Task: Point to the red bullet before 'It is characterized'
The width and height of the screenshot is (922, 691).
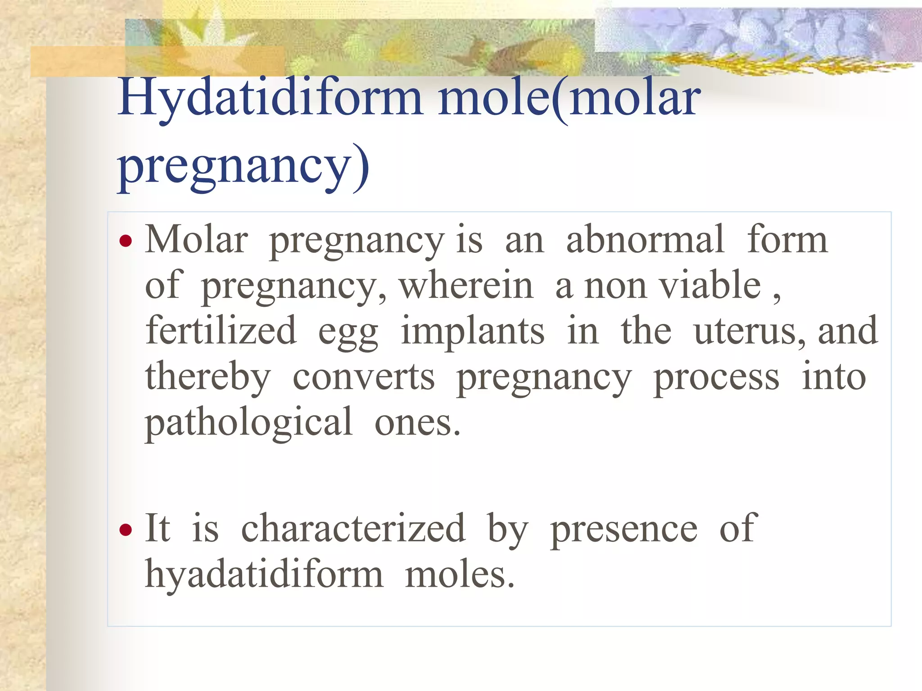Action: coord(126,529)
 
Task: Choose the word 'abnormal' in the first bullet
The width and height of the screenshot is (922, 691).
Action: coord(645,240)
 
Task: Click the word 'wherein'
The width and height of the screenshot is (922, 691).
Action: coord(466,285)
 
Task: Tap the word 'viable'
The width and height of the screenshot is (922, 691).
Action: coord(710,285)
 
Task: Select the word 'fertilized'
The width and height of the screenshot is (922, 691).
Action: coord(221,331)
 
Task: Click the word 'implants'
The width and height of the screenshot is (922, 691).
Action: coord(472,332)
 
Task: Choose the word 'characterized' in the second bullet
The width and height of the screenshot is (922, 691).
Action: coord(353,529)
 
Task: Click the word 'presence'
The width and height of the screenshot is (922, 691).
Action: coord(624,530)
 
